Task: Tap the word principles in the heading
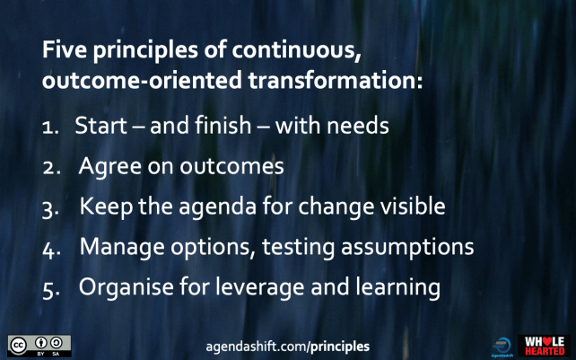142,51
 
